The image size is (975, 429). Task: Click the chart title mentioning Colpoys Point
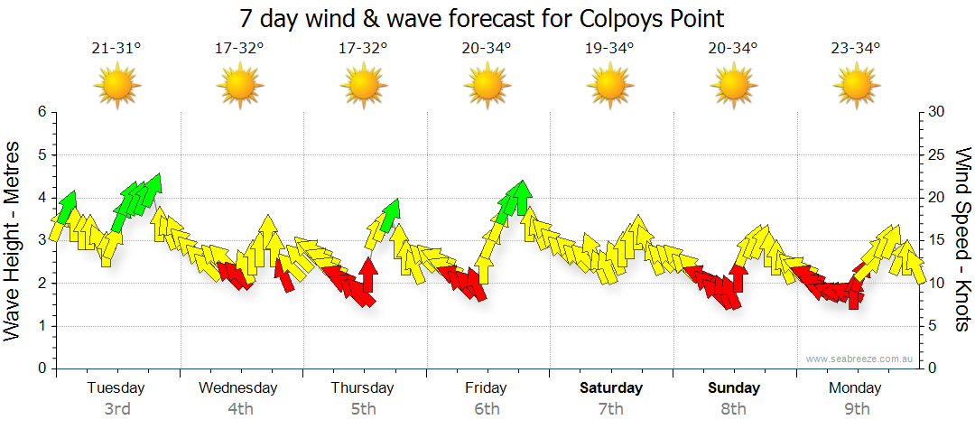pyautogui.click(x=482, y=18)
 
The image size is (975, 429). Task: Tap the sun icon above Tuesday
pyautogui.click(x=117, y=86)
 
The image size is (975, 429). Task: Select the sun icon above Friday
pyautogui.click(x=487, y=86)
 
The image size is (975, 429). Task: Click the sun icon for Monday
pyautogui.click(x=856, y=86)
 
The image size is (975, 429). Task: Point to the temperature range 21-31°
pyautogui.click(x=116, y=49)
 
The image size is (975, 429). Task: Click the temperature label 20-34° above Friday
pyautogui.click(x=487, y=49)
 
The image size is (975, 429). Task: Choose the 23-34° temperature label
pyautogui.click(x=856, y=49)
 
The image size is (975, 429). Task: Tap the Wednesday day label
pyautogui.click(x=238, y=388)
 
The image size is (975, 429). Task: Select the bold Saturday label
pyautogui.click(x=611, y=388)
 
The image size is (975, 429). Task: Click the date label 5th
pyautogui.click(x=363, y=409)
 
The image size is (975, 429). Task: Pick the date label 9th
pyautogui.click(x=856, y=409)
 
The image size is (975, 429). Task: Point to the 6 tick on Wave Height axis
pyautogui.click(x=42, y=112)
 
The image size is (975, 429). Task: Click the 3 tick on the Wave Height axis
pyautogui.click(x=42, y=240)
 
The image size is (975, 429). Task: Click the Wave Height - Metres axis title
pyautogui.click(x=14, y=240)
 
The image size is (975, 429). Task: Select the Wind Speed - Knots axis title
pyautogui.click(x=962, y=240)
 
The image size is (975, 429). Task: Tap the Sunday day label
pyautogui.click(x=733, y=388)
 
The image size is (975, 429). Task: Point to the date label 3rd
pyautogui.click(x=116, y=409)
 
